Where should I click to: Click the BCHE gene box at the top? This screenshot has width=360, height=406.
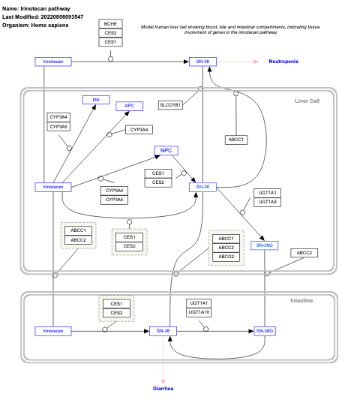(x=110, y=24)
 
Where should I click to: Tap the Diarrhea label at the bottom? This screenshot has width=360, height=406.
(x=163, y=389)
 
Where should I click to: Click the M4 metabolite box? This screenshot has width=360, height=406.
(x=96, y=100)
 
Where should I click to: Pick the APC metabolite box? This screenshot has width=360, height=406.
(x=129, y=106)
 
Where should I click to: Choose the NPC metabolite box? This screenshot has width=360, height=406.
(x=166, y=151)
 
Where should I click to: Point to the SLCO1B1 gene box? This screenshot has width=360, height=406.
(x=170, y=105)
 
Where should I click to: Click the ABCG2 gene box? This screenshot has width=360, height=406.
(x=226, y=257)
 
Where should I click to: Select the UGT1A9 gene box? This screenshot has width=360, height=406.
(x=268, y=202)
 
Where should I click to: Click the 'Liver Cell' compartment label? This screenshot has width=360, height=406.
(x=307, y=101)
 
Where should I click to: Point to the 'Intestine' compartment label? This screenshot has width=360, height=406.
(x=301, y=301)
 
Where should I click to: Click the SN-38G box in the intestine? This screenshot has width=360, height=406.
(x=265, y=330)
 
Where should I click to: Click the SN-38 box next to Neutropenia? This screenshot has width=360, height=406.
(x=202, y=61)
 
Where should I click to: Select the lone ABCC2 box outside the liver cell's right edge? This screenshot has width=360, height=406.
(x=304, y=253)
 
